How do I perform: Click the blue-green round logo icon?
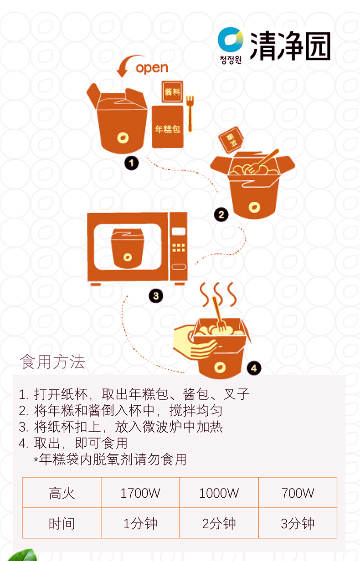[x=230, y=41]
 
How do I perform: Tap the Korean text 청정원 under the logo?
[x=230, y=60]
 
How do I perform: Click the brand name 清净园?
[x=290, y=46]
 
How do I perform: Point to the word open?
[x=152, y=68]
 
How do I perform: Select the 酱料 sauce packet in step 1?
[x=172, y=92]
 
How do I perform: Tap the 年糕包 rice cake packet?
[x=167, y=127]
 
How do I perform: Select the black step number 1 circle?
[x=131, y=163]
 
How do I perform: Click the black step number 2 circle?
[x=221, y=214]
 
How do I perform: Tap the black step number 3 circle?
[x=155, y=296]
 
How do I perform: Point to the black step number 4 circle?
[x=254, y=368]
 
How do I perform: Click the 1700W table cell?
[x=140, y=493]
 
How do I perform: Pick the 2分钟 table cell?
[x=219, y=523]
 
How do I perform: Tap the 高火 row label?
[x=62, y=493]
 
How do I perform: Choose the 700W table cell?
[x=298, y=493]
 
